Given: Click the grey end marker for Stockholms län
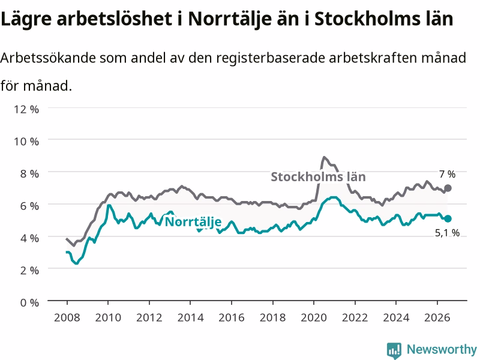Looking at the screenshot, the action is [448, 188].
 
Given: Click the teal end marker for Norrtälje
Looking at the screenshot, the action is [448, 218].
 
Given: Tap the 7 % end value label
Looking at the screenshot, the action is [447, 174].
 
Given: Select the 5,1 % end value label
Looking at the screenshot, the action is [447, 233].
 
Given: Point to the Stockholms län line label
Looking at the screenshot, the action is [318, 177].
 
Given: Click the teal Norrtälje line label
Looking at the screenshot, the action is [193, 222].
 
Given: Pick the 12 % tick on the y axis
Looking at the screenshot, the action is [26, 109].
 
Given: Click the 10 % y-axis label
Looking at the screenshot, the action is [26, 142].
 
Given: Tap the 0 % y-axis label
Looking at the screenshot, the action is [29, 302].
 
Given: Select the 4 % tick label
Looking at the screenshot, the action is [29, 238].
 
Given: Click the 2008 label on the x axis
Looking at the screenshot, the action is [67, 317].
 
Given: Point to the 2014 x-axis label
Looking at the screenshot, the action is [190, 317].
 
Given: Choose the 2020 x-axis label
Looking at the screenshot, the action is [314, 317].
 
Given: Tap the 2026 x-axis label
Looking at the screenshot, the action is [437, 317].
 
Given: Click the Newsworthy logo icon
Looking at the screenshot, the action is [394, 350].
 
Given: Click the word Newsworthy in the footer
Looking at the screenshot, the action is [442, 349].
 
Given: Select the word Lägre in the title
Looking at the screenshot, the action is [26, 19].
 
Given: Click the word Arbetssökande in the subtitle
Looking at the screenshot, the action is [48, 58].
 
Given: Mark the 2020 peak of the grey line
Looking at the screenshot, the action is [324, 157].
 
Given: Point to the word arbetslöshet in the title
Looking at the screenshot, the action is [115, 19].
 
